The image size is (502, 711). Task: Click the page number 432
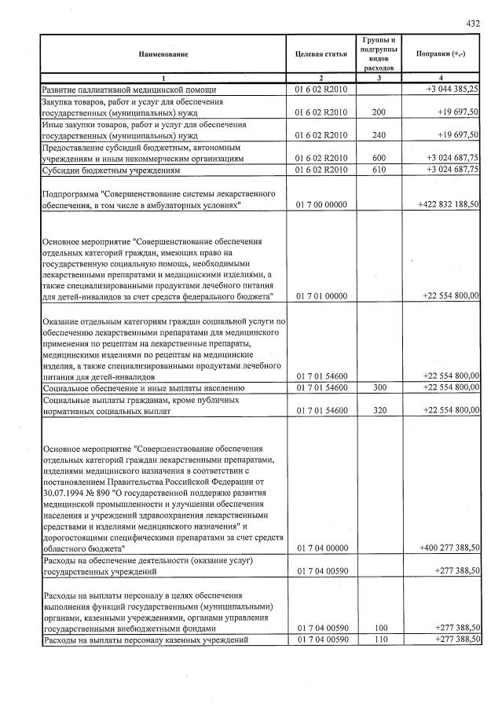(x=473, y=24)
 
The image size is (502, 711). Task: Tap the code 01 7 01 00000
(x=320, y=295)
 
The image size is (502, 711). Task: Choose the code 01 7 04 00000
(x=320, y=547)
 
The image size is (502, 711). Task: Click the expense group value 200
(x=380, y=113)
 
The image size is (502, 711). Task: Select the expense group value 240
(x=380, y=135)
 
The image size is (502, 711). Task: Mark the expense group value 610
(x=380, y=170)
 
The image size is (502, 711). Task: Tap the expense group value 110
(x=380, y=640)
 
